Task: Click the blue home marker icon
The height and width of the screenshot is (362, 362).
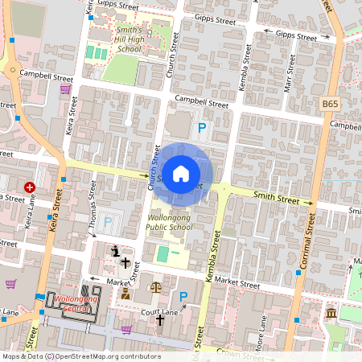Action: pos(181,174)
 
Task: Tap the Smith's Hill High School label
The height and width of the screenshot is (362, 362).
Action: pos(118,39)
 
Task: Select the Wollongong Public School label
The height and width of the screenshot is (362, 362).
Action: pos(170,222)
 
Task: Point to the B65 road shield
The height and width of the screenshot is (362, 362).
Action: pos(330,104)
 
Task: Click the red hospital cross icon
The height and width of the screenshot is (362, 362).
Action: pos(30,187)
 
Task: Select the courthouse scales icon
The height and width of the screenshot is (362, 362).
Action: pos(155,286)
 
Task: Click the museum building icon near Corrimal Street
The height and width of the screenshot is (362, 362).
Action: pos(331,313)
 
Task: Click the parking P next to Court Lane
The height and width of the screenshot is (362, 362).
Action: pos(183,297)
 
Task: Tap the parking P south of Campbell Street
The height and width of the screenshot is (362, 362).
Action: pos(202,127)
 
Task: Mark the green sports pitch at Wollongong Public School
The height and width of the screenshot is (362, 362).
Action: pos(163,255)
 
